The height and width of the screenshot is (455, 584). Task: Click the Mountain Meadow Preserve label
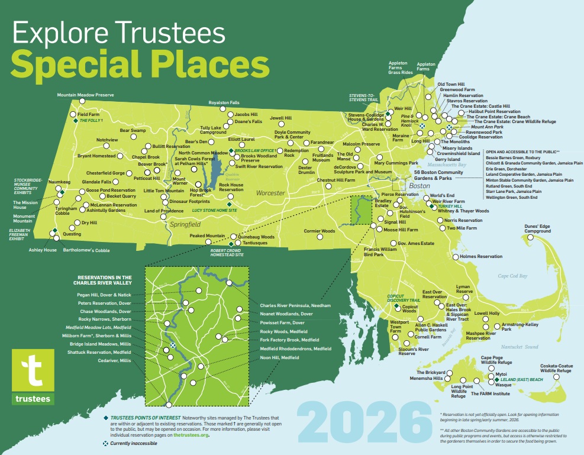pyautogui.click(x=85, y=95)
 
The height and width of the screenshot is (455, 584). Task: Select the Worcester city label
pyautogui.click(x=270, y=193)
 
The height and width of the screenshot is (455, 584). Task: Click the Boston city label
pyautogui.click(x=419, y=186)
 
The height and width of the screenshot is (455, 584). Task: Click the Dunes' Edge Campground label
pyautogui.click(x=537, y=228)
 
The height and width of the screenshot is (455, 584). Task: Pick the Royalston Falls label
pyautogui.click(x=224, y=102)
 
